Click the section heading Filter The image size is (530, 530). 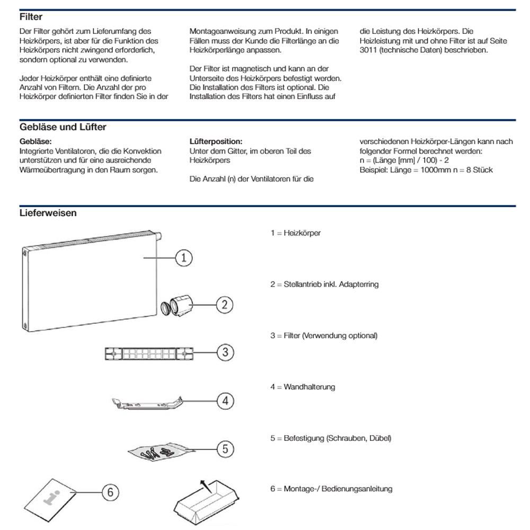coord(31,17)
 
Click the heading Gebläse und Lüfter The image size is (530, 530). coord(63,127)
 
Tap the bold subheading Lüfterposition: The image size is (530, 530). coord(215,142)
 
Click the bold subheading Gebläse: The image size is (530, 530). coord(35,142)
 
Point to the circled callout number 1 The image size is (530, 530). coord(183,258)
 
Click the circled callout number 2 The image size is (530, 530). coord(225,304)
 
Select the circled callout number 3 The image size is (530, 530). coord(225,352)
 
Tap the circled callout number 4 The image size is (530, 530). coord(225,401)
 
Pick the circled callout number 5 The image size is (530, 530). coord(225,449)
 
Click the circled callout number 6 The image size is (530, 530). coord(110,492)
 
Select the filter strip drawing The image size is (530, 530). coord(149,353)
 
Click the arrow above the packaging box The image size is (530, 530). coord(204,483)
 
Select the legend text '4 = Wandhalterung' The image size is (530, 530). coord(303,387)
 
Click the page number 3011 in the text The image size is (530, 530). coord(369,50)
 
